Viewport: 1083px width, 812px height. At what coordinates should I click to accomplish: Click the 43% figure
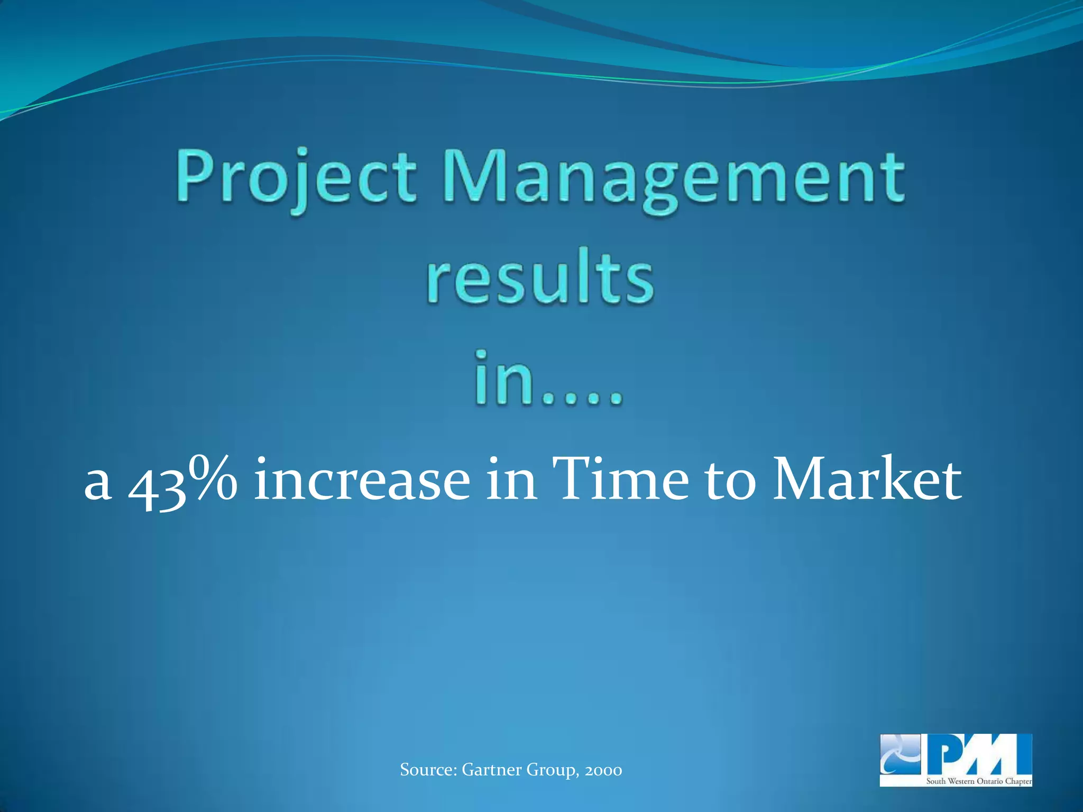[183, 481]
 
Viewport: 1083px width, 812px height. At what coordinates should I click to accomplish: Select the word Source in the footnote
[428, 770]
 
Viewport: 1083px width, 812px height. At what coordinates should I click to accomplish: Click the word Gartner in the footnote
[492, 770]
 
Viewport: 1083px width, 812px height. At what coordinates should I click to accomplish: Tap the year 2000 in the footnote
[603, 770]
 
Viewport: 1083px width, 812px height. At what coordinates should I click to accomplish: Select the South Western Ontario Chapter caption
[978, 781]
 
